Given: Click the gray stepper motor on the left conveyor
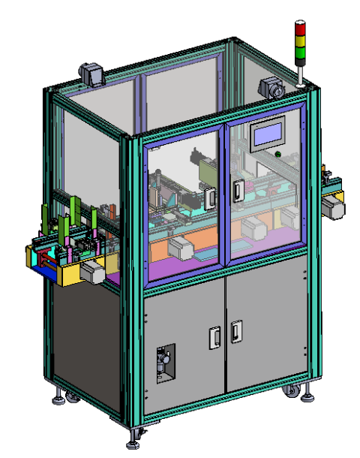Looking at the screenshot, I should [x=93, y=272].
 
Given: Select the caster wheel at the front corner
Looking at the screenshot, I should [x=137, y=434].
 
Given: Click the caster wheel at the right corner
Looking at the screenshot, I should [x=289, y=392].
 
